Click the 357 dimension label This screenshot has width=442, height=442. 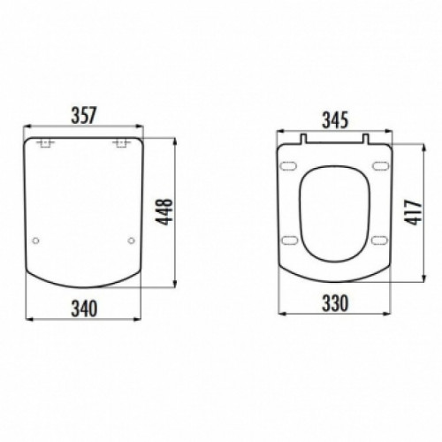point(84,115)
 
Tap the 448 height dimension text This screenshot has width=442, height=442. point(164,212)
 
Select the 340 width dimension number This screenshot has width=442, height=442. point(84,309)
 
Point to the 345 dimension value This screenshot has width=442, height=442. point(335,120)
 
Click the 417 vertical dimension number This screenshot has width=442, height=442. point(414,212)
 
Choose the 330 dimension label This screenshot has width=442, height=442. point(335,303)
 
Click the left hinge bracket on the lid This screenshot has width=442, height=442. point(46,143)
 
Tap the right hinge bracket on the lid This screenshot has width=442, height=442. point(121,143)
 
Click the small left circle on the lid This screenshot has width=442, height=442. point(35,240)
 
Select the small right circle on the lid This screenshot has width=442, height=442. point(131,240)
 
